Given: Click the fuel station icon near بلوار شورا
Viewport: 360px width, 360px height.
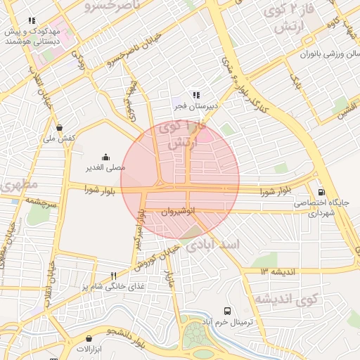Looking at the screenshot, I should click(x=322, y=192).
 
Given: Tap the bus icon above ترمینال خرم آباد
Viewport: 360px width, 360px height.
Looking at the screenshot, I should click(x=227, y=311).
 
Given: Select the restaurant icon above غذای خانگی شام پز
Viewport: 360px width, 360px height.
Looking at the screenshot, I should click(x=113, y=275).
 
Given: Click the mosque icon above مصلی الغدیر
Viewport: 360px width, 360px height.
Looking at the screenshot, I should click(x=105, y=157).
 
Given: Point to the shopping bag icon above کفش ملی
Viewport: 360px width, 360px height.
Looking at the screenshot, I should click(x=60, y=128).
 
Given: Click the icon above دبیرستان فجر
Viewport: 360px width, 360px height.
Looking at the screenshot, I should click(x=197, y=95).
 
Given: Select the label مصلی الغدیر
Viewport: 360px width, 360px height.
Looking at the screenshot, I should click(x=105, y=167).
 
